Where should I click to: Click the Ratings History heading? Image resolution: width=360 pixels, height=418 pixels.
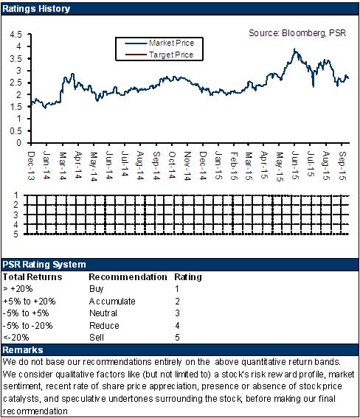coord(36,9)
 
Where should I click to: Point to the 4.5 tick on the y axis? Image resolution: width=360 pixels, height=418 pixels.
coord(15,35)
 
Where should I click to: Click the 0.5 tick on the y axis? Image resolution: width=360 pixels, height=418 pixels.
coord(15,131)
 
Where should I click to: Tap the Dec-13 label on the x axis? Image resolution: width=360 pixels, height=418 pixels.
coord(31,166)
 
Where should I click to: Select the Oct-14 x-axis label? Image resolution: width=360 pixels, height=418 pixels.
coord(172,165)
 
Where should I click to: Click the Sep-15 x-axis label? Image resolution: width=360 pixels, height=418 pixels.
coord(342,166)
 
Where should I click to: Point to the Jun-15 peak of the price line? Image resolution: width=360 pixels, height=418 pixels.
coord(294,49)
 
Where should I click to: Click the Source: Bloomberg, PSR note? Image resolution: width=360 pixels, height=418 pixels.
coord(297,33)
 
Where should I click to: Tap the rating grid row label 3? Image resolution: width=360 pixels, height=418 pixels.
coord(16,215)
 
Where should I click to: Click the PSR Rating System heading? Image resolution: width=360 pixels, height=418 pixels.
coord(44,265)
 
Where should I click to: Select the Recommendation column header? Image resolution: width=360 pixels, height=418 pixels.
coord(128,277)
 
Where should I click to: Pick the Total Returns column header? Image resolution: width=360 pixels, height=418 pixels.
coord(32,277)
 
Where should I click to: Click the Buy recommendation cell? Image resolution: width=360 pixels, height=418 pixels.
coord(96,289)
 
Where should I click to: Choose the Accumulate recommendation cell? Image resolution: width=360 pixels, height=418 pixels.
coord(112,302)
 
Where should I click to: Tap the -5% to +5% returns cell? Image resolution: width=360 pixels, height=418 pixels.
coord(26,313)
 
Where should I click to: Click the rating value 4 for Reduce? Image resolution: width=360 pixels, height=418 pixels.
coord(177,326)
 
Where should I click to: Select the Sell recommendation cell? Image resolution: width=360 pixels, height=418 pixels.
coord(97,338)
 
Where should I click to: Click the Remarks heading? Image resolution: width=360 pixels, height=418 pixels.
coord(23,350)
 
